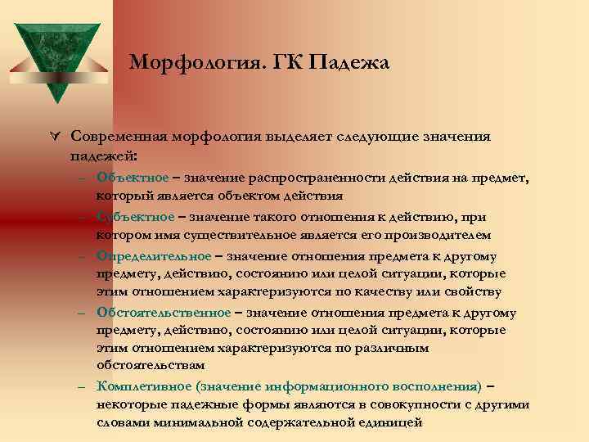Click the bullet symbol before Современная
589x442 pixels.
pos(54,136)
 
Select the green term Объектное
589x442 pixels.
pos(132,177)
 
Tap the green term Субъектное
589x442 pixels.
pos(135,216)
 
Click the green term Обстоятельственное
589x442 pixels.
pos(164,312)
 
